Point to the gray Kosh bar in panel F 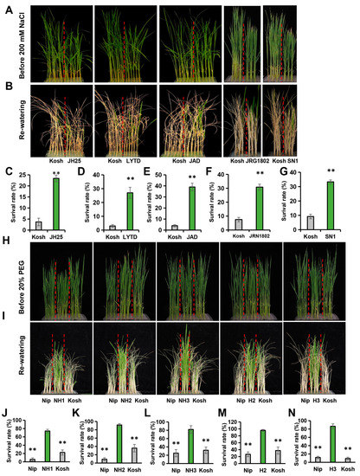239,225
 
